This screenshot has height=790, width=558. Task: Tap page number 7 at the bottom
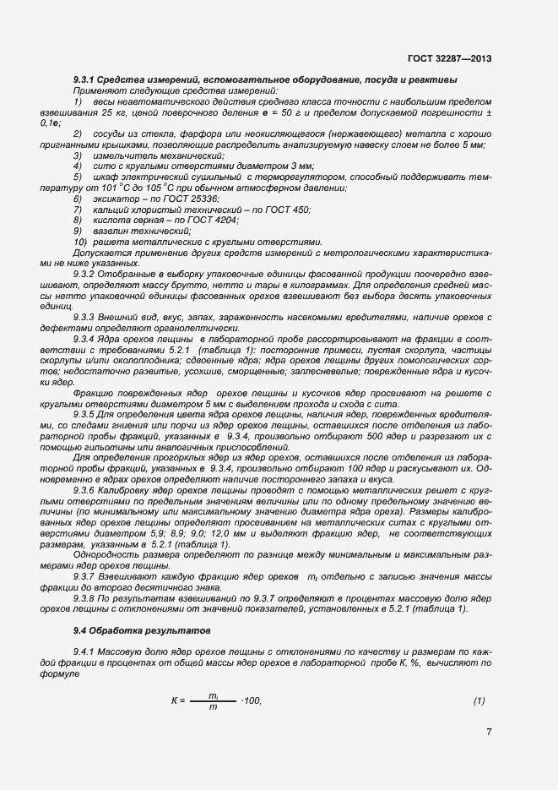click(489, 731)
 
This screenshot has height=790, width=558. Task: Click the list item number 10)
click(80, 241)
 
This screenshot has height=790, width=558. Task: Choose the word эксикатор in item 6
click(117, 199)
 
